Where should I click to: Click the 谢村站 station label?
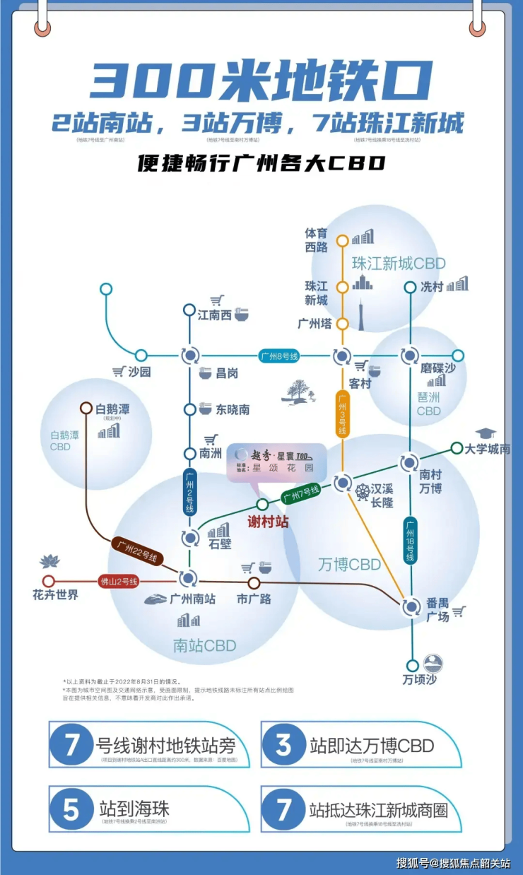269,522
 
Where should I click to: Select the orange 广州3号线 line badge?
342,416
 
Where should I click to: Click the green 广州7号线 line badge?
301,493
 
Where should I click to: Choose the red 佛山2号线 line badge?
119,582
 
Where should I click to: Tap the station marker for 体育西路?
342,240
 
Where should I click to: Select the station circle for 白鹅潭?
86,408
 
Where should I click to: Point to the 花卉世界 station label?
55,595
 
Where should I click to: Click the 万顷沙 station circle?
412,665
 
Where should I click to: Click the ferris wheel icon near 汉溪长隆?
363,491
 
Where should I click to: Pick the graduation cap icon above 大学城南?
486,433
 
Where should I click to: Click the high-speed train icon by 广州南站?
155,599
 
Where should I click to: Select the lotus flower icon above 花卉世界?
51,561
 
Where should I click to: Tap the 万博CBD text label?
349,564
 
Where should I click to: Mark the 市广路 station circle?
254,583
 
